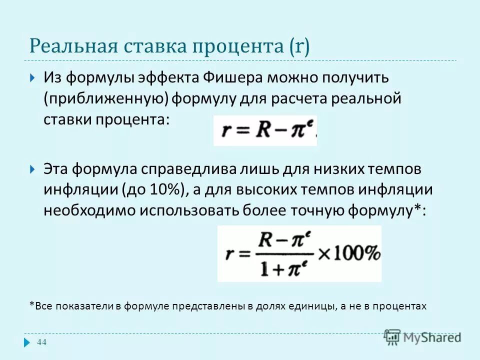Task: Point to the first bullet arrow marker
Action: pyautogui.click(x=32, y=78)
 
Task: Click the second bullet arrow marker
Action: pyautogui.click(x=32, y=168)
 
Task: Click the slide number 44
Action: pyautogui.click(x=42, y=342)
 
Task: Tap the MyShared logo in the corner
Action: pyautogui.click(x=423, y=336)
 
